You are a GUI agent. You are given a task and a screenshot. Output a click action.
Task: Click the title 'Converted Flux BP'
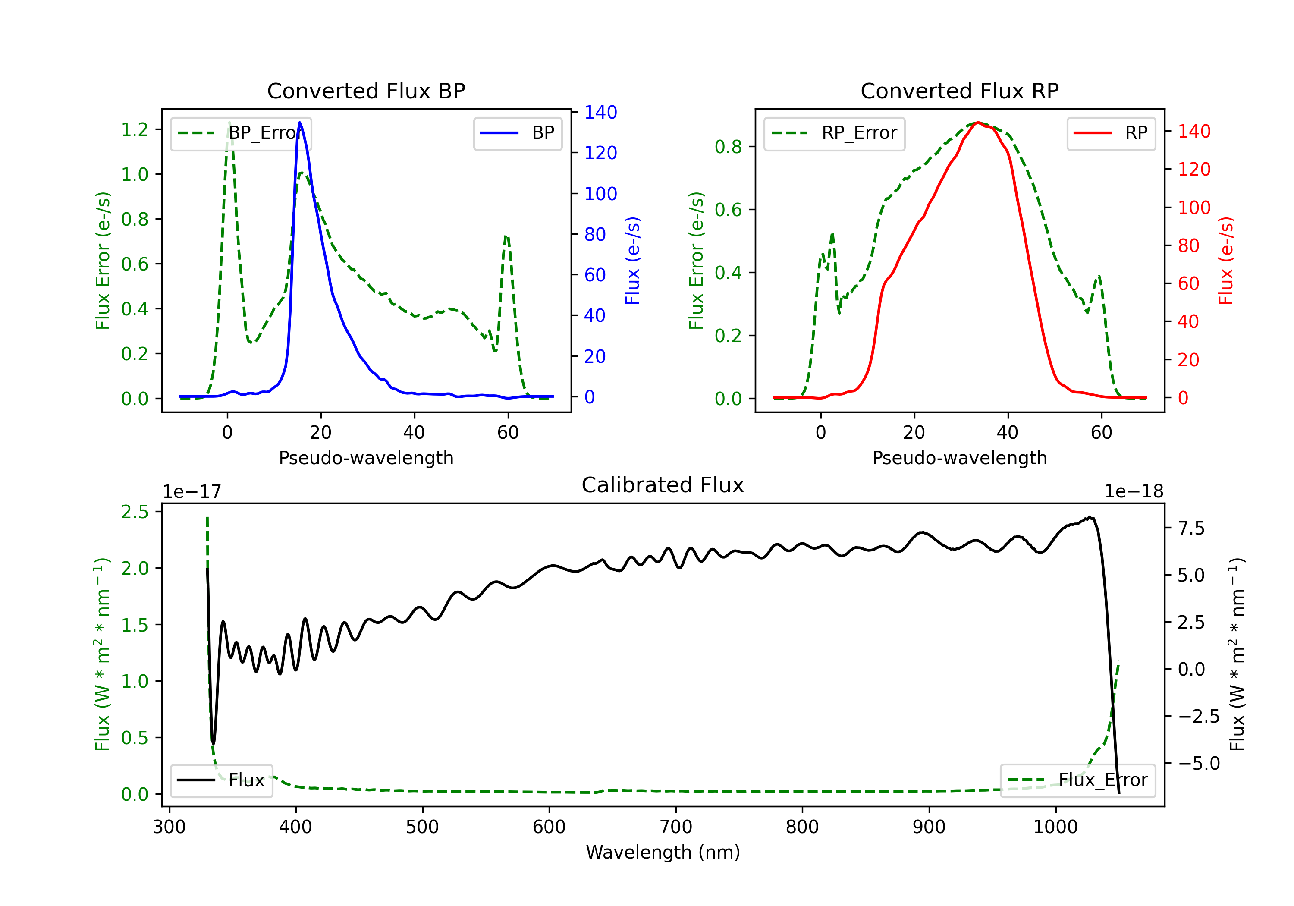pos(366,91)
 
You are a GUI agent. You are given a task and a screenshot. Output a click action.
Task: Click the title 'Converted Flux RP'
pos(959,91)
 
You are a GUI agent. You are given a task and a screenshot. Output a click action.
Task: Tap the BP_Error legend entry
pos(241,133)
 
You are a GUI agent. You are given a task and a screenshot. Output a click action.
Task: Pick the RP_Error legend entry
pos(834,133)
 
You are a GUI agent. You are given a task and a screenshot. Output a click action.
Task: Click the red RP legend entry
pos(1111,133)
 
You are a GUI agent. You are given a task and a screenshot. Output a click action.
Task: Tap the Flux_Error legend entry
pos(1077,780)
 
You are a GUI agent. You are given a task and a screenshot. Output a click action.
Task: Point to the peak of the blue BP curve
pos(300,123)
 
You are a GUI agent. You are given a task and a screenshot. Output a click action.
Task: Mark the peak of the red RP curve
pos(978,123)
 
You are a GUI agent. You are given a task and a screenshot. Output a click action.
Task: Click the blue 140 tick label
pos(600,112)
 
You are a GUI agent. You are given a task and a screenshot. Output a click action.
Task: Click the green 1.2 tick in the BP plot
pos(135,130)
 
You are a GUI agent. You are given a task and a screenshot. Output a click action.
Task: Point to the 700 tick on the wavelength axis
pos(676,827)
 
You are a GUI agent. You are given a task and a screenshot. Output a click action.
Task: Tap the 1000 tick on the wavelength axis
pos(1055,827)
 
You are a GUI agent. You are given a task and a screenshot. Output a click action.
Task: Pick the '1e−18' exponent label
pos(1134,492)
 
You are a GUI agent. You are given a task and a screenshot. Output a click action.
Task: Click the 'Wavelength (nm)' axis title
pos(663,852)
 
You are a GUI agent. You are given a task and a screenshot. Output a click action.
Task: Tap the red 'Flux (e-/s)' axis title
pos(1226,261)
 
